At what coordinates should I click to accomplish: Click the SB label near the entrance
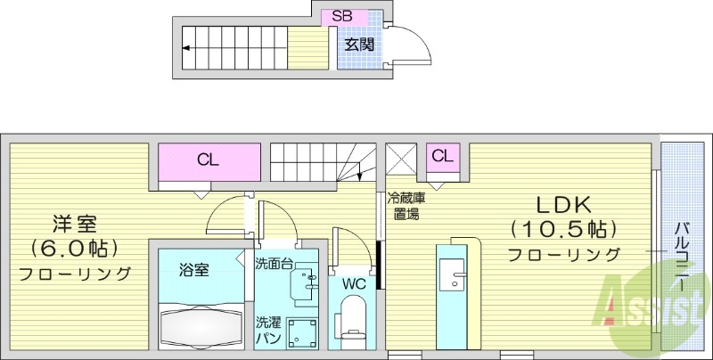coord(341,16)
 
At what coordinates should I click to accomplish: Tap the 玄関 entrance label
coord(360,45)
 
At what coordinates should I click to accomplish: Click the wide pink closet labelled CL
coord(209,161)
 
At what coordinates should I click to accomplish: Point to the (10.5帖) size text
coord(563,229)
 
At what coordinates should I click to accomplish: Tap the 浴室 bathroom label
coord(193,268)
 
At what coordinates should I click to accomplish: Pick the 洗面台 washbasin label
coord(273,264)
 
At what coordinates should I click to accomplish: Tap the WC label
coord(355,283)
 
